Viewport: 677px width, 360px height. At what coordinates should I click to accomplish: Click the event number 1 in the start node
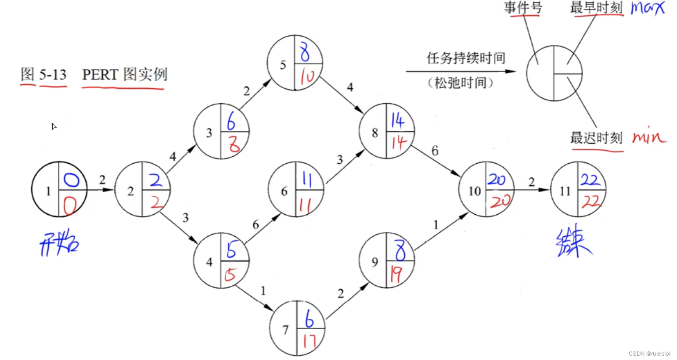click(x=48, y=191)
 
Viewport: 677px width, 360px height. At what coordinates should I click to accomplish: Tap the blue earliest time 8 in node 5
click(x=305, y=52)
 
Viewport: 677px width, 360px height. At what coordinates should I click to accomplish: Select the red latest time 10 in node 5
click(x=307, y=77)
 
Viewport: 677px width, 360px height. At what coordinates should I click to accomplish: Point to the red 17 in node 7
click(x=310, y=341)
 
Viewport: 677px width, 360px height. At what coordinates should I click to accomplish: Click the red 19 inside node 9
click(x=396, y=274)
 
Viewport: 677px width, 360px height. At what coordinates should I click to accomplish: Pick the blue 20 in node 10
click(x=497, y=179)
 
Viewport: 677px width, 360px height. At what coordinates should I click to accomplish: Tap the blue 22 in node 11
click(x=590, y=180)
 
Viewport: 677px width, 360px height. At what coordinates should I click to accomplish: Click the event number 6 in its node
click(x=284, y=191)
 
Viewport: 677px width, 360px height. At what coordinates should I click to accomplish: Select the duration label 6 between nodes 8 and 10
click(x=435, y=151)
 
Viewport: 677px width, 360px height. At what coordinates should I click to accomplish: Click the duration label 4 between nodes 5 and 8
click(x=350, y=87)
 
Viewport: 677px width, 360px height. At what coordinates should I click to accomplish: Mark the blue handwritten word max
click(x=648, y=8)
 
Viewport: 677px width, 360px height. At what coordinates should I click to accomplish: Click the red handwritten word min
click(x=649, y=137)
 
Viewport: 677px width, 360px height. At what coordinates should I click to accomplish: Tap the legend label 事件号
click(x=522, y=7)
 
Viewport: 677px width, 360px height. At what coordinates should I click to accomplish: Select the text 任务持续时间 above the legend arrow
click(x=466, y=58)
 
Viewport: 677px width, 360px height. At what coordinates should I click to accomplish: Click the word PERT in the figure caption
click(x=100, y=74)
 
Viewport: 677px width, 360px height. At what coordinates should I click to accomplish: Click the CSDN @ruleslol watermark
click(x=649, y=353)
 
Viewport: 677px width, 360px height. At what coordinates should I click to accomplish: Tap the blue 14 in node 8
click(x=398, y=120)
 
